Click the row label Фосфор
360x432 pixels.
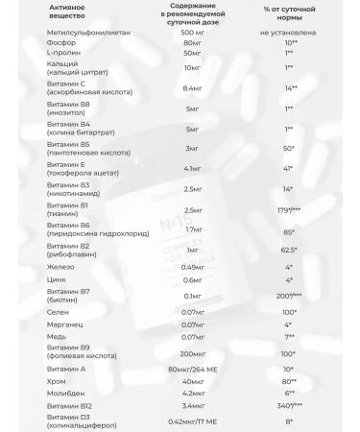coord(45,69)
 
